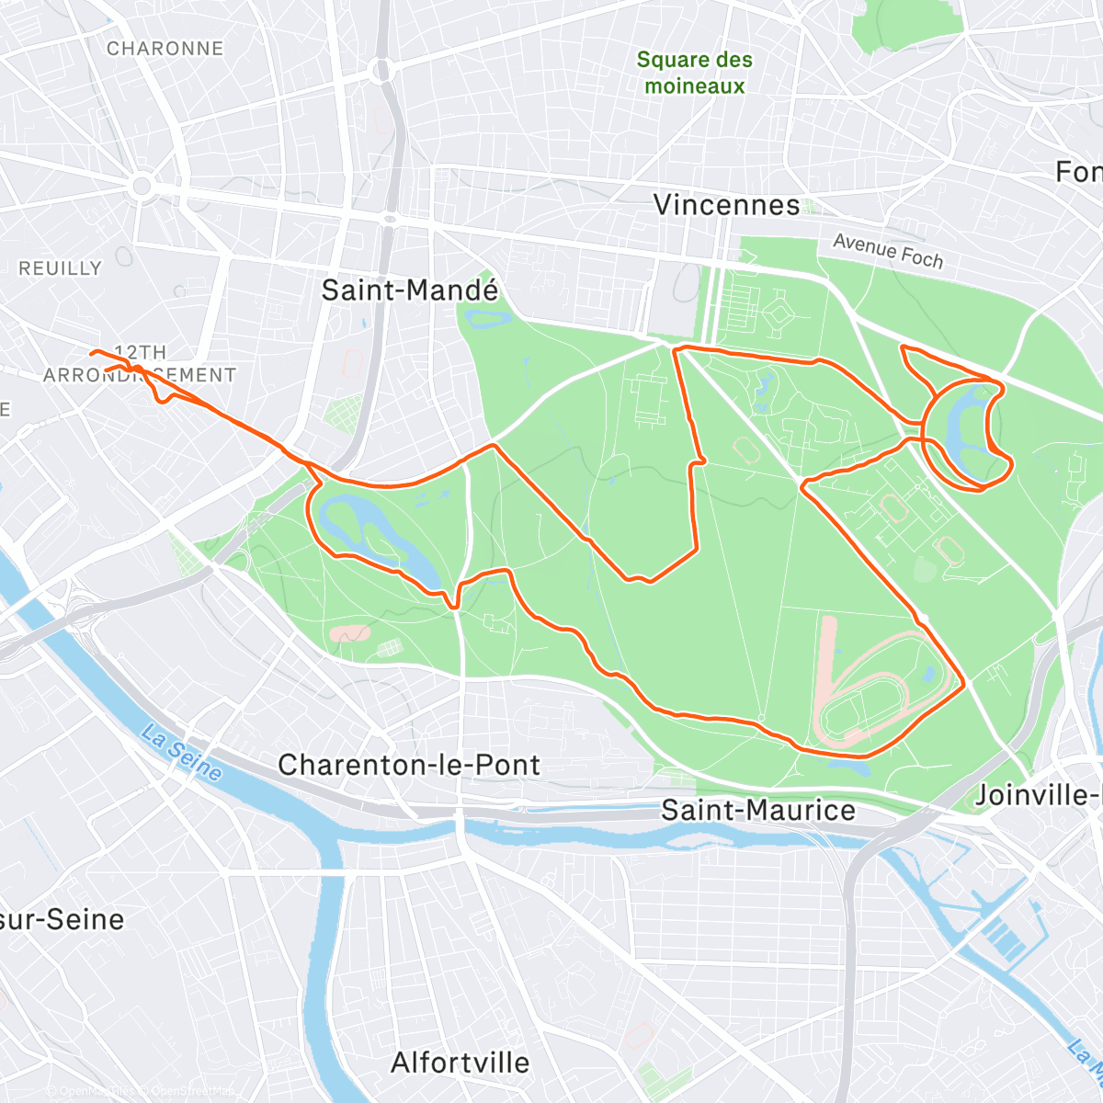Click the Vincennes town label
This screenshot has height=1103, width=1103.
click(726, 205)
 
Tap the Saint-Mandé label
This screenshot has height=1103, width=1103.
click(410, 290)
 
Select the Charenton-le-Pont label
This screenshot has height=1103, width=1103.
click(409, 765)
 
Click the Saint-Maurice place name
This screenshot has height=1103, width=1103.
click(758, 810)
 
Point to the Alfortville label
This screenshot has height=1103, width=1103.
click(461, 1063)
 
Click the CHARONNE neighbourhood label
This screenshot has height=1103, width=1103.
click(165, 49)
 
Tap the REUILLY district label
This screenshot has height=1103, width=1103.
click(61, 268)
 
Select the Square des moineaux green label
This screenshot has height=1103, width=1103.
click(695, 73)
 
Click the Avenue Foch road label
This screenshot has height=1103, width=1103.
click(888, 251)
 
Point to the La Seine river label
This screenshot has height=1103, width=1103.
click(182, 752)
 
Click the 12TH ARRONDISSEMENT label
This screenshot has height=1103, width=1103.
click(140, 364)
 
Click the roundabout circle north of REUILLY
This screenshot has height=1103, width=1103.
click(142, 188)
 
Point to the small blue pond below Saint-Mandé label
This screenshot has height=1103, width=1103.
click(489, 318)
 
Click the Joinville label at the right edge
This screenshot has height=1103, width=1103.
click(1037, 795)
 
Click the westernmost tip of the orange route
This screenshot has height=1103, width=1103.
click(90, 353)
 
